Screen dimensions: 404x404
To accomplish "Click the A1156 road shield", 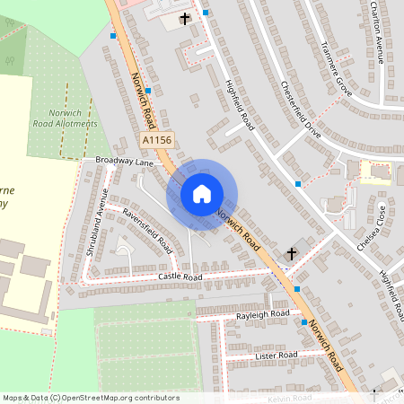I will [x=156, y=140].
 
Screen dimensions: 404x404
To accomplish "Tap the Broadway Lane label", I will [x=125, y=162].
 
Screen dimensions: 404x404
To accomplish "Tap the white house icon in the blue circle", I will [x=202, y=194].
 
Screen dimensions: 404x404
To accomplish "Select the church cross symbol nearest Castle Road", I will [x=290, y=255].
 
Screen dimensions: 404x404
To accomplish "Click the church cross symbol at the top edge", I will [x=185, y=18].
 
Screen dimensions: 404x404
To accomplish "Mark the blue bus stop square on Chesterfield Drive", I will [x=297, y=183].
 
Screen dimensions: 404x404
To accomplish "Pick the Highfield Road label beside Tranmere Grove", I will [x=237, y=101].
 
